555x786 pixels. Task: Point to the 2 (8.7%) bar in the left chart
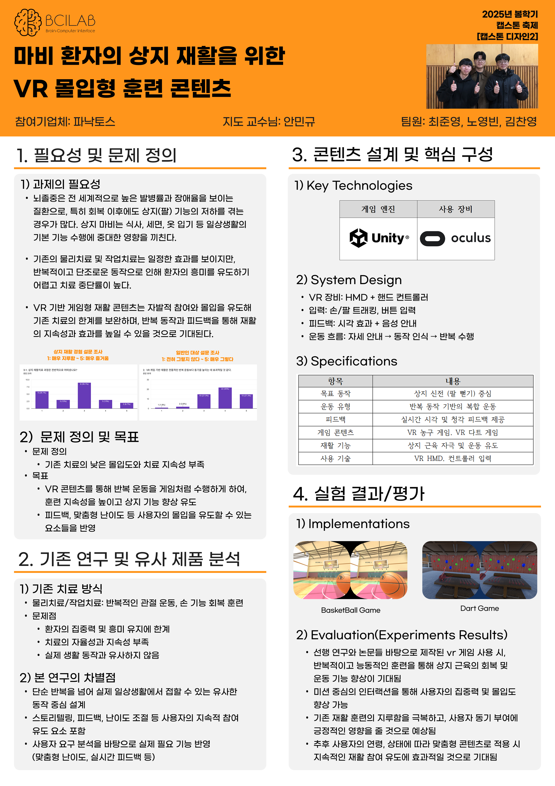click(x=127, y=405)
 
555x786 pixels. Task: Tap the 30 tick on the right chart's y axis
click(x=148, y=380)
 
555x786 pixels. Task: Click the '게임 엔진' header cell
click(x=378, y=209)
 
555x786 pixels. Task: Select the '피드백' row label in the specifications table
click(x=335, y=419)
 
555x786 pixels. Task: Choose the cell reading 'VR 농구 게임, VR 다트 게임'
click(x=452, y=432)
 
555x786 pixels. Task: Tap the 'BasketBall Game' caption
click(x=350, y=610)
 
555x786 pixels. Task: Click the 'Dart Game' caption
click(x=479, y=608)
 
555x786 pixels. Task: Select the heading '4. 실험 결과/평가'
click(x=359, y=494)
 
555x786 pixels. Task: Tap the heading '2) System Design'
click(x=349, y=280)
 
